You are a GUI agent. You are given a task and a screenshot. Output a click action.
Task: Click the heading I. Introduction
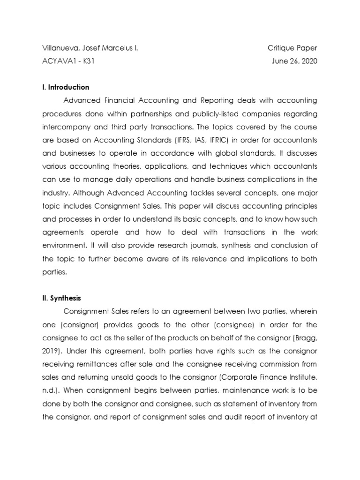pos(66,87)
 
